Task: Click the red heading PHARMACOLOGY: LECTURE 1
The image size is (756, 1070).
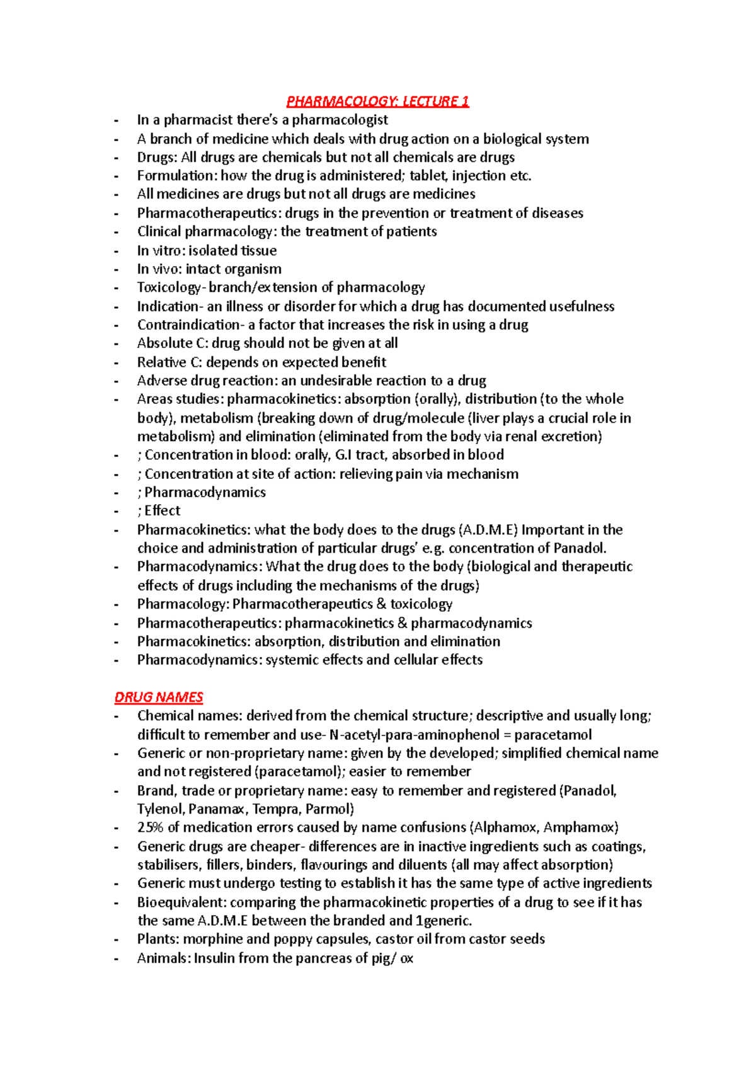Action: (377, 101)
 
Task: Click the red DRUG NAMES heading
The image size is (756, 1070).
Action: (158, 697)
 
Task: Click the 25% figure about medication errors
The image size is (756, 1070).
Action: (150, 827)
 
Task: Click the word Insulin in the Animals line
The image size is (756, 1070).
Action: (215, 958)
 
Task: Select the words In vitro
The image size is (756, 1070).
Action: (160, 250)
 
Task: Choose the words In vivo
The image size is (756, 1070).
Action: (159, 269)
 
